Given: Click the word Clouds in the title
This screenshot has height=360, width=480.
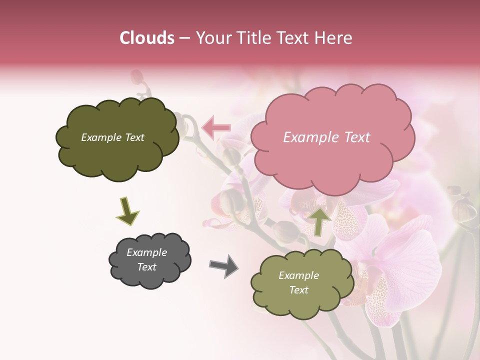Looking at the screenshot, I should click(146, 38).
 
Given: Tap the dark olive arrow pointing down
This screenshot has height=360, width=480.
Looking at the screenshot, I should click(127, 211).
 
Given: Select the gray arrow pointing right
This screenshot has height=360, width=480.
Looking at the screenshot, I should click(224, 265).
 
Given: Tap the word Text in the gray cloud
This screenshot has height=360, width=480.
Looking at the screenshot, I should click(147, 267).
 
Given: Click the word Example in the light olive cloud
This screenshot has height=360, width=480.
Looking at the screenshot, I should click(298, 275).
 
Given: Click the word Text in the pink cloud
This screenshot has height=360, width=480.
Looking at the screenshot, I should click(357, 137).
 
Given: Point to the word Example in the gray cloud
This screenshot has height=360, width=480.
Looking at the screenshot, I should click(147, 252).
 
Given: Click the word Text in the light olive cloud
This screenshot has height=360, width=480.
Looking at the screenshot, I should click(298, 290).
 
